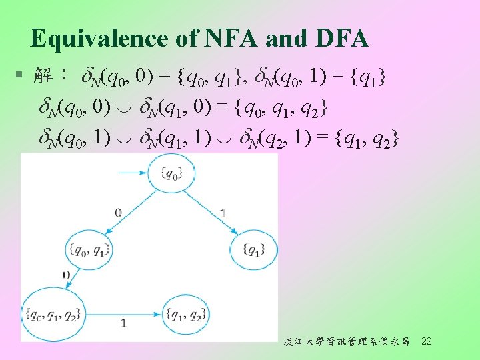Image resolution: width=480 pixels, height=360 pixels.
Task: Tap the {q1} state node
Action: point(253,250)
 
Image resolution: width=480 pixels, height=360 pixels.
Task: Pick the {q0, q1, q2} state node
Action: point(51,315)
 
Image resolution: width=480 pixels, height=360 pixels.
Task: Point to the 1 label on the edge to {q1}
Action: point(222,213)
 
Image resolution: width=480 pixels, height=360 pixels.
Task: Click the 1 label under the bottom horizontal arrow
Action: point(124,323)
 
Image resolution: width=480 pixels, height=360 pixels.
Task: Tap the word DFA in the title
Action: point(338,39)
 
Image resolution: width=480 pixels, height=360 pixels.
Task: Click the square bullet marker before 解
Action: point(22,75)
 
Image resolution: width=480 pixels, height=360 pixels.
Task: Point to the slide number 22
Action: point(427,341)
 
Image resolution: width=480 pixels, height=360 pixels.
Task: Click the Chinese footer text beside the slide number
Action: point(346,342)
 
